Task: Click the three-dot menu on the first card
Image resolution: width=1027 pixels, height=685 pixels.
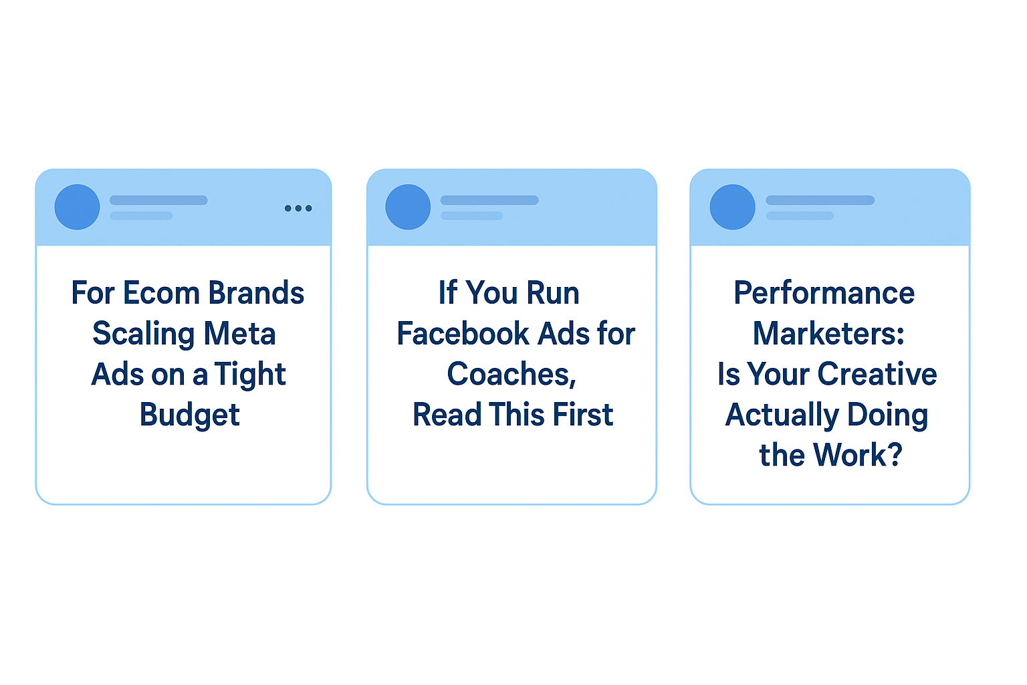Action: tap(298, 208)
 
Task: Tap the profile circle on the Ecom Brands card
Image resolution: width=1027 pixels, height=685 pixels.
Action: tap(77, 207)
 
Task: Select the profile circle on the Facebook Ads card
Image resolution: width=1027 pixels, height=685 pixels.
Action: tap(408, 207)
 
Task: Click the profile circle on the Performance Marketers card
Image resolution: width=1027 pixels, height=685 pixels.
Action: tap(732, 207)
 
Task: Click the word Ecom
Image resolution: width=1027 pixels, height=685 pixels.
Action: tap(161, 293)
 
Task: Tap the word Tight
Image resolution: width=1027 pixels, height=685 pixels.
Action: tap(250, 375)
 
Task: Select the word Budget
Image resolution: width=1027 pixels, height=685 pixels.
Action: tap(190, 415)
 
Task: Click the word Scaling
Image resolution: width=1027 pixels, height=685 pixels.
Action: tap(143, 334)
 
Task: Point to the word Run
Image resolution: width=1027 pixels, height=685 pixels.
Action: tap(552, 293)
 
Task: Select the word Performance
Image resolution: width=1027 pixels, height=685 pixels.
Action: tap(824, 293)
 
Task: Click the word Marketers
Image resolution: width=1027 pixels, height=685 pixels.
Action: tap(828, 334)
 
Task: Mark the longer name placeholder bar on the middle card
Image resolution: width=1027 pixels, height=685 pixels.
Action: tap(489, 200)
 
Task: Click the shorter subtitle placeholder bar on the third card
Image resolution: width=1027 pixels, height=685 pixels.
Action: tap(800, 215)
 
